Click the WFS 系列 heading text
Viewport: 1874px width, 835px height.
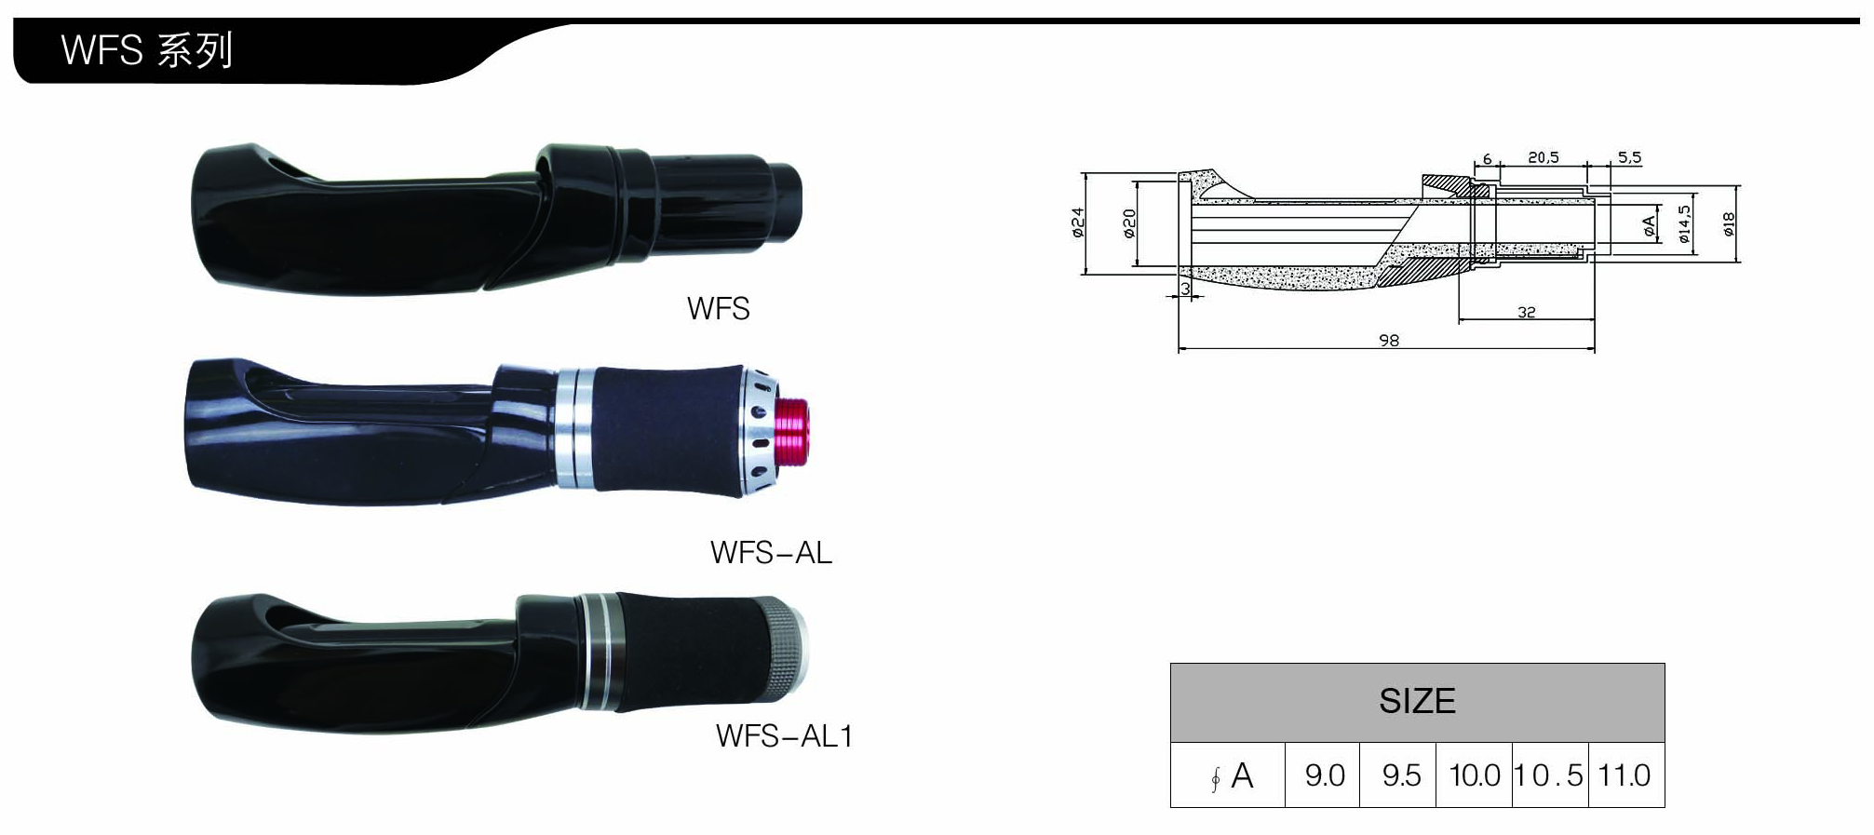click(146, 50)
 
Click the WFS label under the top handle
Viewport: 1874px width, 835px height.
click(718, 309)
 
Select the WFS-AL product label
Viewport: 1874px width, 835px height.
click(771, 553)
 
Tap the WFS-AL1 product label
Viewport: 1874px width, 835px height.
click(784, 736)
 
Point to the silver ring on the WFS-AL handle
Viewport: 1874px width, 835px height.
click(574, 429)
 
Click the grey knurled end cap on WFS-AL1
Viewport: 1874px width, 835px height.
click(786, 651)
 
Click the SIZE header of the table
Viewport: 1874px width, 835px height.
click(1417, 701)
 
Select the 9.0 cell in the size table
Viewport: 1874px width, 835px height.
click(1324, 775)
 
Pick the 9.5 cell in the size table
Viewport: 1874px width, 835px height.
click(1400, 775)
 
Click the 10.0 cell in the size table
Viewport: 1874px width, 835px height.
click(1475, 775)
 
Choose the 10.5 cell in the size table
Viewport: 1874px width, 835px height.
click(1549, 775)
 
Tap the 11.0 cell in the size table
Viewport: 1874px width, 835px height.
click(1625, 775)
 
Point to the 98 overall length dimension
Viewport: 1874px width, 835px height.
click(1388, 341)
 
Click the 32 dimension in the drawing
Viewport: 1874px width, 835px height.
click(1526, 313)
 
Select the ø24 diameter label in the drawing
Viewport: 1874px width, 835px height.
click(1078, 222)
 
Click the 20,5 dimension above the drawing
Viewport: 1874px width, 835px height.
click(1543, 158)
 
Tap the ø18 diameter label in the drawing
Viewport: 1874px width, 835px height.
click(1728, 223)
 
